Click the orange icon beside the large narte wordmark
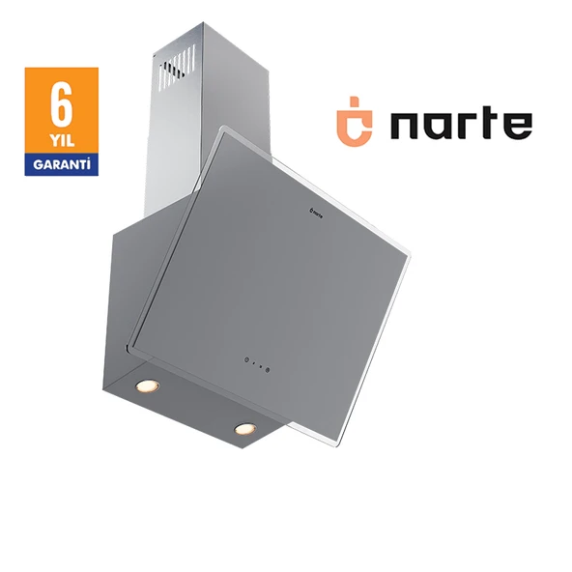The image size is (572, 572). click(353, 126)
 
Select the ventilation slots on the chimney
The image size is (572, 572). click(178, 71)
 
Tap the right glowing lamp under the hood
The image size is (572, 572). click(243, 428)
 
